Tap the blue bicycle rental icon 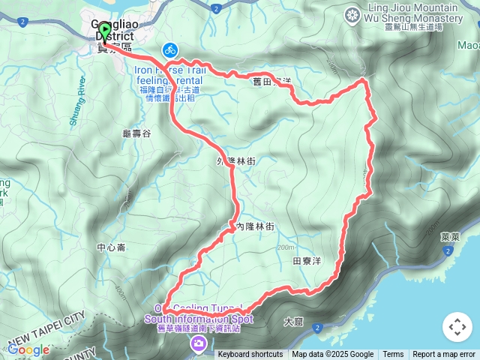(x=169, y=50)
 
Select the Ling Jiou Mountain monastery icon (x=352, y=16)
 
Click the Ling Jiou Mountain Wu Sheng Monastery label (x=413, y=13)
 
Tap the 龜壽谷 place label (x=136, y=133)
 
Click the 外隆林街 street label (x=236, y=160)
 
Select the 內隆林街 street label (x=251, y=226)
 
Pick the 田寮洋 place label (x=307, y=261)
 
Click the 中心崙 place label (x=112, y=247)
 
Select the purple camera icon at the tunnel (x=199, y=344)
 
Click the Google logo (x=28, y=349)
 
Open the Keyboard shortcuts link (x=250, y=355)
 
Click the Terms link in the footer (x=393, y=355)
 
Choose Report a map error (x=444, y=355)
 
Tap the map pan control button (x=457, y=327)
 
